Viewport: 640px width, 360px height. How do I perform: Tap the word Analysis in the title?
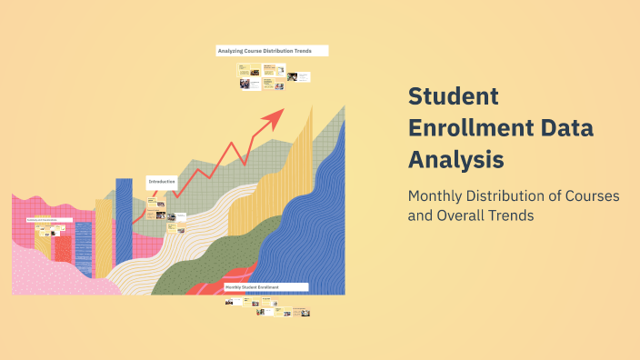(455, 159)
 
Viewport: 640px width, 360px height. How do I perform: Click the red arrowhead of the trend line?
(275, 115)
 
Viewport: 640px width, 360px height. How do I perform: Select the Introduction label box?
(162, 182)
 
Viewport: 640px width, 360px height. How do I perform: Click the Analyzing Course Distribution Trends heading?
(272, 51)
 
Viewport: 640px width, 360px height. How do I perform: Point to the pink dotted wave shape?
(55, 273)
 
